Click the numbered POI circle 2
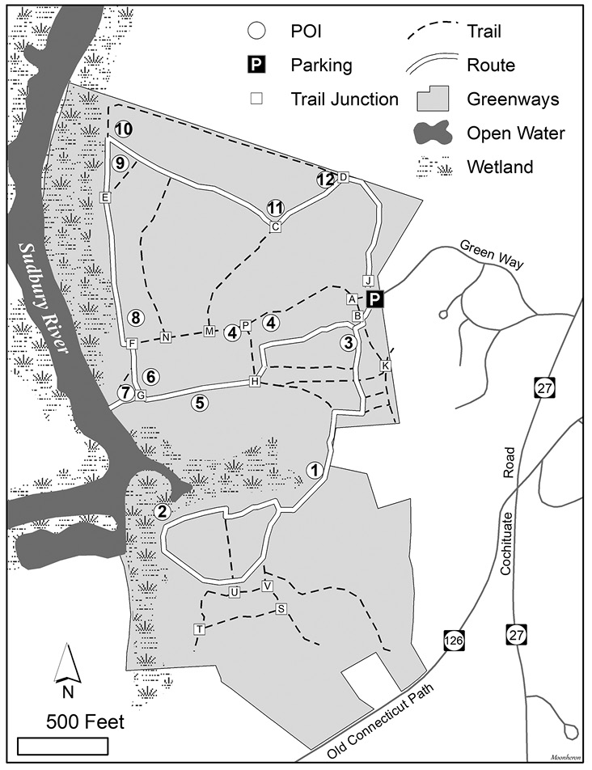tap(163, 510)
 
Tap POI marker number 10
tap(123, 129)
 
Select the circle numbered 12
tap(326, 180)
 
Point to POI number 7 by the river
tap(125, 393)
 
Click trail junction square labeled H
tap(255, 381)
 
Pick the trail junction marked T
tap(199, 629)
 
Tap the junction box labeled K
tap(385, 366)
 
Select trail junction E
tap(104, 197)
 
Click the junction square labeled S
tap(281, 609)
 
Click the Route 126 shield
tap(453, 641)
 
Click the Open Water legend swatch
tap(435, 133)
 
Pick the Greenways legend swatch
tap(435, 99)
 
